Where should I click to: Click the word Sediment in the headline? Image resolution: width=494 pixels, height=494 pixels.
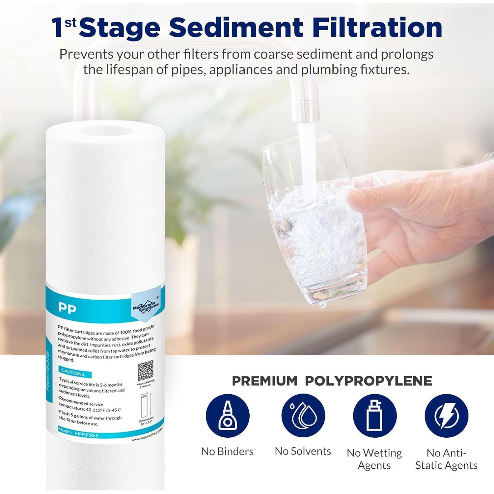236,28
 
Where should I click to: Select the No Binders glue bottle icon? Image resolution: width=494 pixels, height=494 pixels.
228,416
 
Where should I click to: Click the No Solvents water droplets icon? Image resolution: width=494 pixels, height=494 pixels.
303,416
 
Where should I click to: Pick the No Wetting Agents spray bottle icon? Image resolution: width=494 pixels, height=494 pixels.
374,416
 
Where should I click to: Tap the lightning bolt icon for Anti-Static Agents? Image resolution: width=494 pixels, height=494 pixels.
446,416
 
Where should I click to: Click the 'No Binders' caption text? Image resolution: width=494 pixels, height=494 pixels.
227,451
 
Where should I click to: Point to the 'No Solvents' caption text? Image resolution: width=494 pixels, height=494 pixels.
303,451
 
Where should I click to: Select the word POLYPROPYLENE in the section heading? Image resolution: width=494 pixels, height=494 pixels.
368,381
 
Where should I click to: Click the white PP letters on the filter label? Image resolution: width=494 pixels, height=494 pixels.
67,308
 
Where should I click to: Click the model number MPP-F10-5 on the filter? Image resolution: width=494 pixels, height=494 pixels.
86,434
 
